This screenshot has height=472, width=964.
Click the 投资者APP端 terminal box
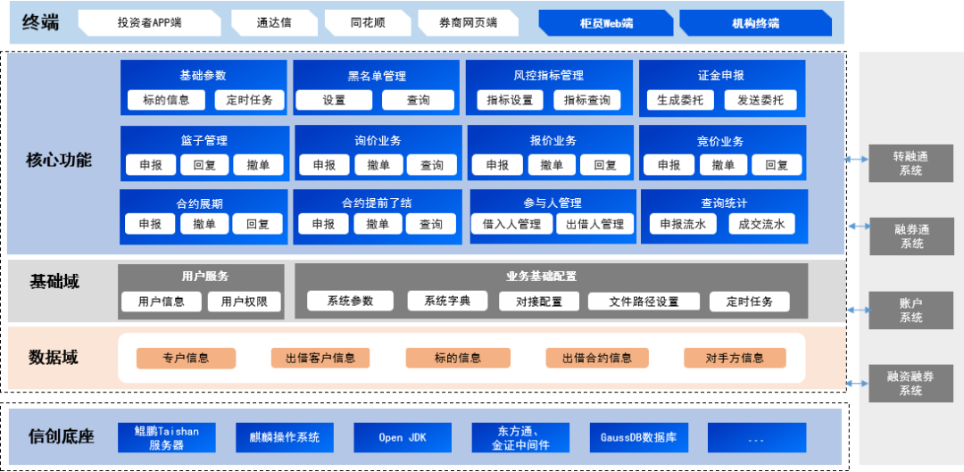148,23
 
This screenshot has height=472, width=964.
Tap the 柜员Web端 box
606,23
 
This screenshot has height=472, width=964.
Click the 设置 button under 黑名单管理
334,100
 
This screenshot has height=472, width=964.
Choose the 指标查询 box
586,100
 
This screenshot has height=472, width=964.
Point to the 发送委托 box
760,100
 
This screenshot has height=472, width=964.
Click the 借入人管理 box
511,224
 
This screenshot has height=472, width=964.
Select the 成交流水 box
761,224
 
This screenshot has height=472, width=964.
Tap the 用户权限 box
245,302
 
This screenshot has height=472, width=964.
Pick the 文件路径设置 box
644,302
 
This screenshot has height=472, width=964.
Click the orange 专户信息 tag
186,358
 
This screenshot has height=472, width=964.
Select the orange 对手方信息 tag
735,358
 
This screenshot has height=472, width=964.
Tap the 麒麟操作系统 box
285,437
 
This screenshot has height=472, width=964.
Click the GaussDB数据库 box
638,437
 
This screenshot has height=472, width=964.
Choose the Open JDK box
403,437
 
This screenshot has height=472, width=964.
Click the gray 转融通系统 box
910,163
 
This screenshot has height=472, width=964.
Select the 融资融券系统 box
910,384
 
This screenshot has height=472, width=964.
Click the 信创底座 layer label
62,436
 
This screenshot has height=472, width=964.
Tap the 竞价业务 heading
720,141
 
